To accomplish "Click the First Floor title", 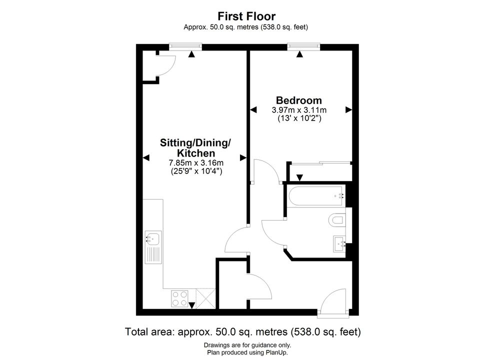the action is (x=246, y=16).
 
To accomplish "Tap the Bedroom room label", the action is (x=299, y=100).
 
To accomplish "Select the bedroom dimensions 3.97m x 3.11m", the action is (x=299, y=110).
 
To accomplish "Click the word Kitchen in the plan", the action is (x=196, y=153).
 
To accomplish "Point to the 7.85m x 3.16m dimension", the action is (x=196, y=163).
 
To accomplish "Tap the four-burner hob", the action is (x=179, y=298).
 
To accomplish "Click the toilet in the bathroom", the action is (x=337, y=220).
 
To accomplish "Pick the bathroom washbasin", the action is (x=339, y=244).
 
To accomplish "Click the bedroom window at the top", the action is (x=303, y=46).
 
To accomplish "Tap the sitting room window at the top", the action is (x=185, y=46).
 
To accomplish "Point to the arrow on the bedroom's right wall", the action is (x=348, y=110).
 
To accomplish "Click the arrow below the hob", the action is (x=191, y=305).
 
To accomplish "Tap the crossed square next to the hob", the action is (x=206, y=298).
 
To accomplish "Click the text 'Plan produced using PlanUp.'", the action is (x=247, y=352).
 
